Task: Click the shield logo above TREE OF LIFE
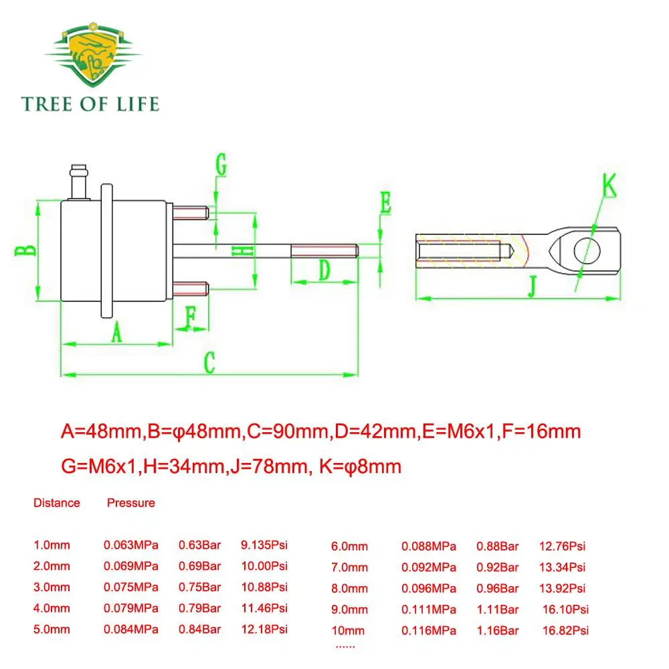(x=94, y=55)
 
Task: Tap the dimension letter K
(x=609, y=185)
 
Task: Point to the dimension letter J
(x=532, y=286)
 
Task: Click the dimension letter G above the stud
(x=221, y=165)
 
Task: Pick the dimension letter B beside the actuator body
(x=25, y=250)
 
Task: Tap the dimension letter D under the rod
(x=324, y=270)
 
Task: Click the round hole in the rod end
(x=587, y=251)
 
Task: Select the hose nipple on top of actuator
(x=80, y=182)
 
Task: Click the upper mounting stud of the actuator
(x=191, y=213)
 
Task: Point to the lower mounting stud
(x=191, y=289)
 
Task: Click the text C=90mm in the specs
(x=288, y=432)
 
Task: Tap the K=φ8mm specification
(x=360, y=466)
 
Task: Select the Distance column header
(x=57, y=502)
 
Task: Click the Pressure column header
(x=131, y=502)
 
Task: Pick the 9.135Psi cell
(x=264, y=545)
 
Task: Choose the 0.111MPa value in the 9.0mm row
(x=428, y=609)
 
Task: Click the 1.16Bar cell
(x=498, y=630)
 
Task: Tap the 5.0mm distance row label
(x=52, y=630)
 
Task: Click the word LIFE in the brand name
(x=138, y=104)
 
